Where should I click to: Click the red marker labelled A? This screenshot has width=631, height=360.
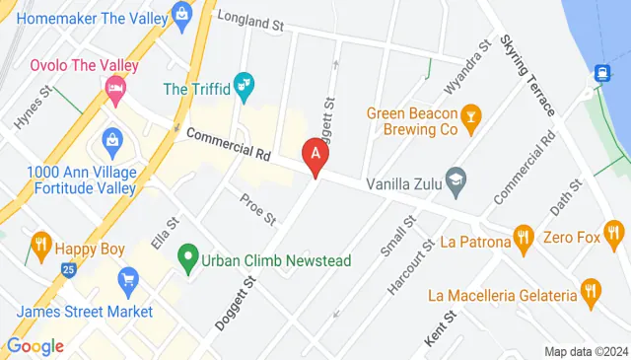[x=315, y=154]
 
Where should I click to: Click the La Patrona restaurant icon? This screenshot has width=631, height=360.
[x=524, y=237]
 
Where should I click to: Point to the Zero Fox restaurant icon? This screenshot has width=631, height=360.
[x=614, y=235]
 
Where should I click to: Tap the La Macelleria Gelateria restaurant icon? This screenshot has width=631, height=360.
[x=591, y=289]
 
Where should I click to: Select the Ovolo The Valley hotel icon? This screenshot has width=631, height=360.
[x=115, y=92]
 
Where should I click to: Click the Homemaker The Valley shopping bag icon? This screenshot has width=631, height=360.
[x=181, y=14]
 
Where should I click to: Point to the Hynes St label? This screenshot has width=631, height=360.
[x=31, y=111]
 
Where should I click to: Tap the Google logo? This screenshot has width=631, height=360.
[x=35, y=345]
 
